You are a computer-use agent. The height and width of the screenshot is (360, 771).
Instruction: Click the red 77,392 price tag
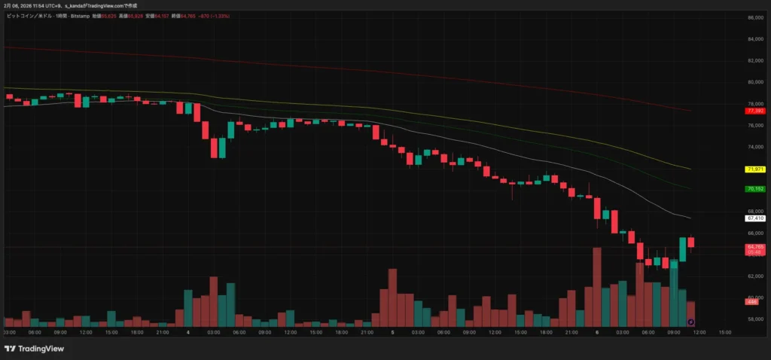coord(754,111)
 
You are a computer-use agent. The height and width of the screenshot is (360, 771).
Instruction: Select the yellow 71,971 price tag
coord(754,169)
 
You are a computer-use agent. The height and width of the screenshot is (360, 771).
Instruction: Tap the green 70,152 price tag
coord(754,189)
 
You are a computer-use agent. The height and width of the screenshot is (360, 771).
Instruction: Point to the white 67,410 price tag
coord(754,218)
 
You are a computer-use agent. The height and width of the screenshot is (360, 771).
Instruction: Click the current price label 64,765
coord(755,247)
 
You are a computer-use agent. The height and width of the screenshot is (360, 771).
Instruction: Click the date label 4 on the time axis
coord(188,331)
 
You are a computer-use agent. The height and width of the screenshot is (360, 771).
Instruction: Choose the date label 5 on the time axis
coord(393,331)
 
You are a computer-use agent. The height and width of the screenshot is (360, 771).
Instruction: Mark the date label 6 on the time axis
coord(597,331)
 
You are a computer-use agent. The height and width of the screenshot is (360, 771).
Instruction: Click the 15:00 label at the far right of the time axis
coord(724,331)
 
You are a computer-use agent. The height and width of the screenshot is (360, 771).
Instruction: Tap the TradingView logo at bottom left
coord(34,349)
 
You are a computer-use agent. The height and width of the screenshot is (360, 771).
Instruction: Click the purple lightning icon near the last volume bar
coord(691,322)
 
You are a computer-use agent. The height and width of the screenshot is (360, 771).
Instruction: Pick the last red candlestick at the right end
coord(691,242)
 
